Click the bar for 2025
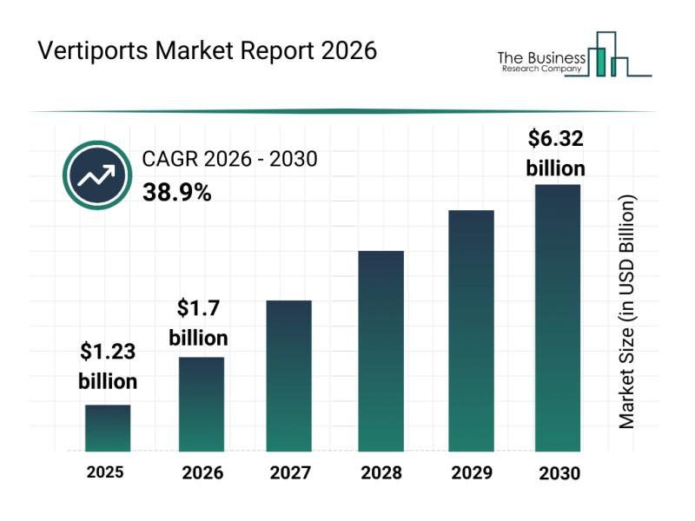(108, 428)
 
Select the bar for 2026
(202, 404)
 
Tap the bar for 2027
(288, 375)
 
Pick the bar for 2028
(381, 351)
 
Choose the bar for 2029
(471, 331)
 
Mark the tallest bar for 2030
(557, 318)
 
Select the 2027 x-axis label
(288, 473)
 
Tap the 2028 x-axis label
(381, 473)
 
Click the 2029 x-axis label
(471, 473)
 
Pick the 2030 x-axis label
(557, 473)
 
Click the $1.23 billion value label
(108, 366)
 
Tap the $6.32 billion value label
(556, 153)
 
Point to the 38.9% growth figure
(176, 193)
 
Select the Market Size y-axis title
(627, 311)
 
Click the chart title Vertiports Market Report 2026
(208, 51)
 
